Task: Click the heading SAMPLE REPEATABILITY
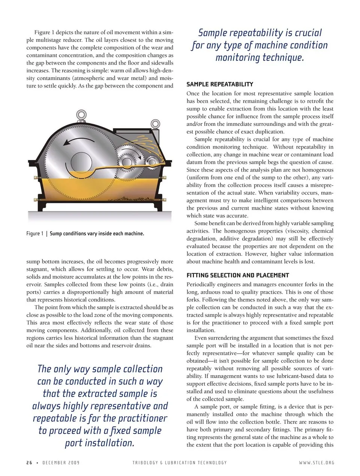click(x=220, y=84)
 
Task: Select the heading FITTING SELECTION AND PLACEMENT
click(x=238, y=275)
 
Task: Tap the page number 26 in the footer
click(x=29, y=463)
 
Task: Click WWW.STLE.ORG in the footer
click(x=316, y=463)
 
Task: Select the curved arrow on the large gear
click(x=77, y=142)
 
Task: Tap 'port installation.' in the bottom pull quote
click(x=99, y=443)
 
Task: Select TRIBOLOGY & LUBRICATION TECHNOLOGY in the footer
click(x=180, y=463)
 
